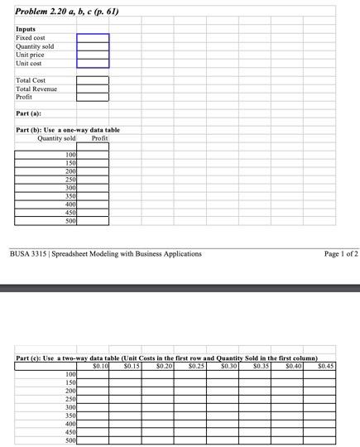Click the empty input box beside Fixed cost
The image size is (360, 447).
click(93, 38)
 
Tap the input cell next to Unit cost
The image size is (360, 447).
click(93, 63)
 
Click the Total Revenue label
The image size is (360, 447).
click(38, 89)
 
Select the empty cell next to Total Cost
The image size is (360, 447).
click(93, 80)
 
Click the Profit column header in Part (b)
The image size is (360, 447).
click(99, 137)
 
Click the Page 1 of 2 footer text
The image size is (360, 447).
click(341, 253)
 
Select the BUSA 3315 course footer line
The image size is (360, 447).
click(104, 253)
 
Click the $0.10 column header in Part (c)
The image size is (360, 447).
click(101, 365)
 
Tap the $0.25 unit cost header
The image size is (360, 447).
click(197, 365)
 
